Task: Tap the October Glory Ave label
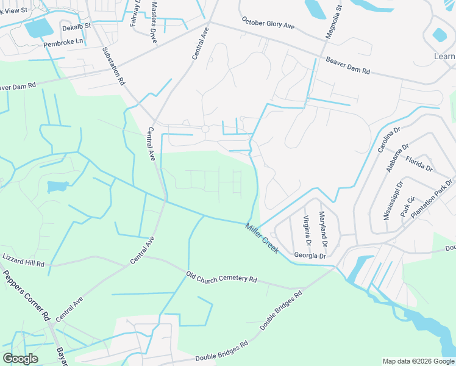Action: pyautogui.click(x=268, y=24)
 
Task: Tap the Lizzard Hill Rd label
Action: pyautogui.click(x=23, y=260)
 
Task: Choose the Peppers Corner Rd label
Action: pyautogui.click(x=25, y=295)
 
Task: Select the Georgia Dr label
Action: pyautogui.click(x=310, y=256)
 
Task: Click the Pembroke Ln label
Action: pyautogui.click(x=62, y=45)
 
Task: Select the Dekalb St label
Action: pyautogui.click(x=76, y=26)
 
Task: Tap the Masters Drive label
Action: pyautogui.click(x=154, y=22)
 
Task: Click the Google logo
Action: pyautogui.click(x=20, y=359)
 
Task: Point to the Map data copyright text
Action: pyautogui.click(x=418, y=361)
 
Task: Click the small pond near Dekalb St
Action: pyautogui.click(x=38, y=28)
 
